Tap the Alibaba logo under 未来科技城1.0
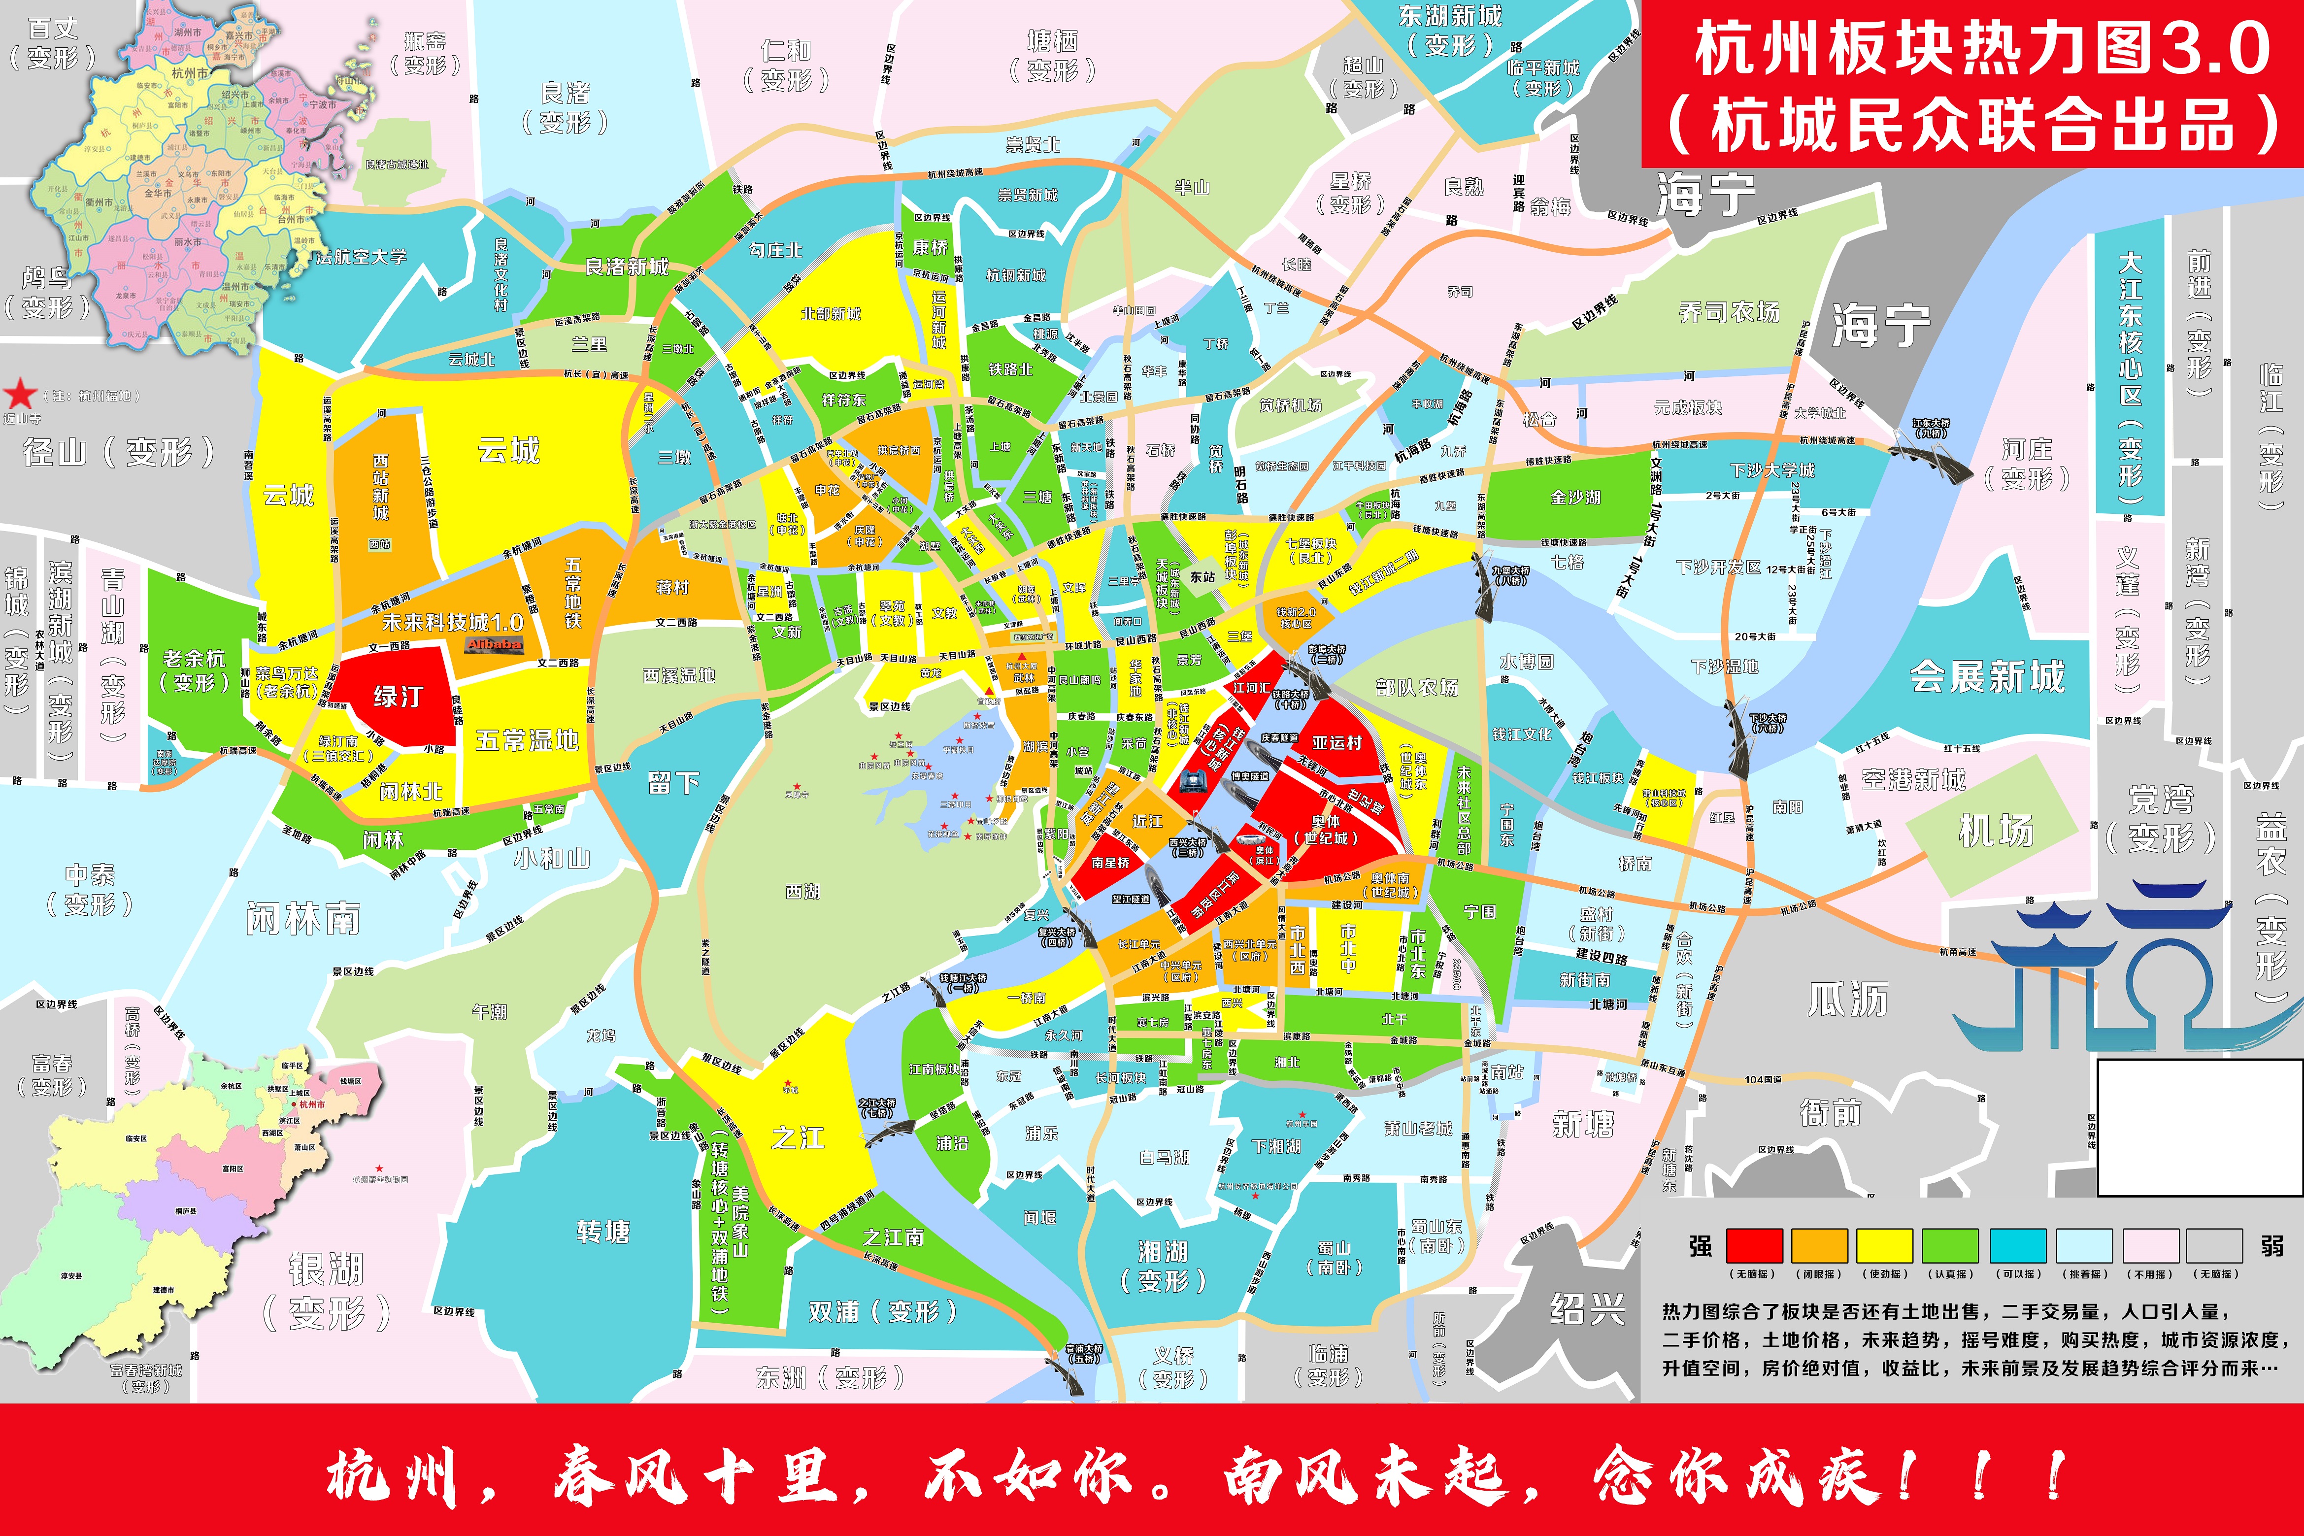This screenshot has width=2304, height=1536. coord(494,644)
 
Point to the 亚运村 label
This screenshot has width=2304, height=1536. coord(1337,742)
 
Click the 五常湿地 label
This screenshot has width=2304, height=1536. coord(527,740)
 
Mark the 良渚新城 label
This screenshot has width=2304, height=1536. coord(627,267)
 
